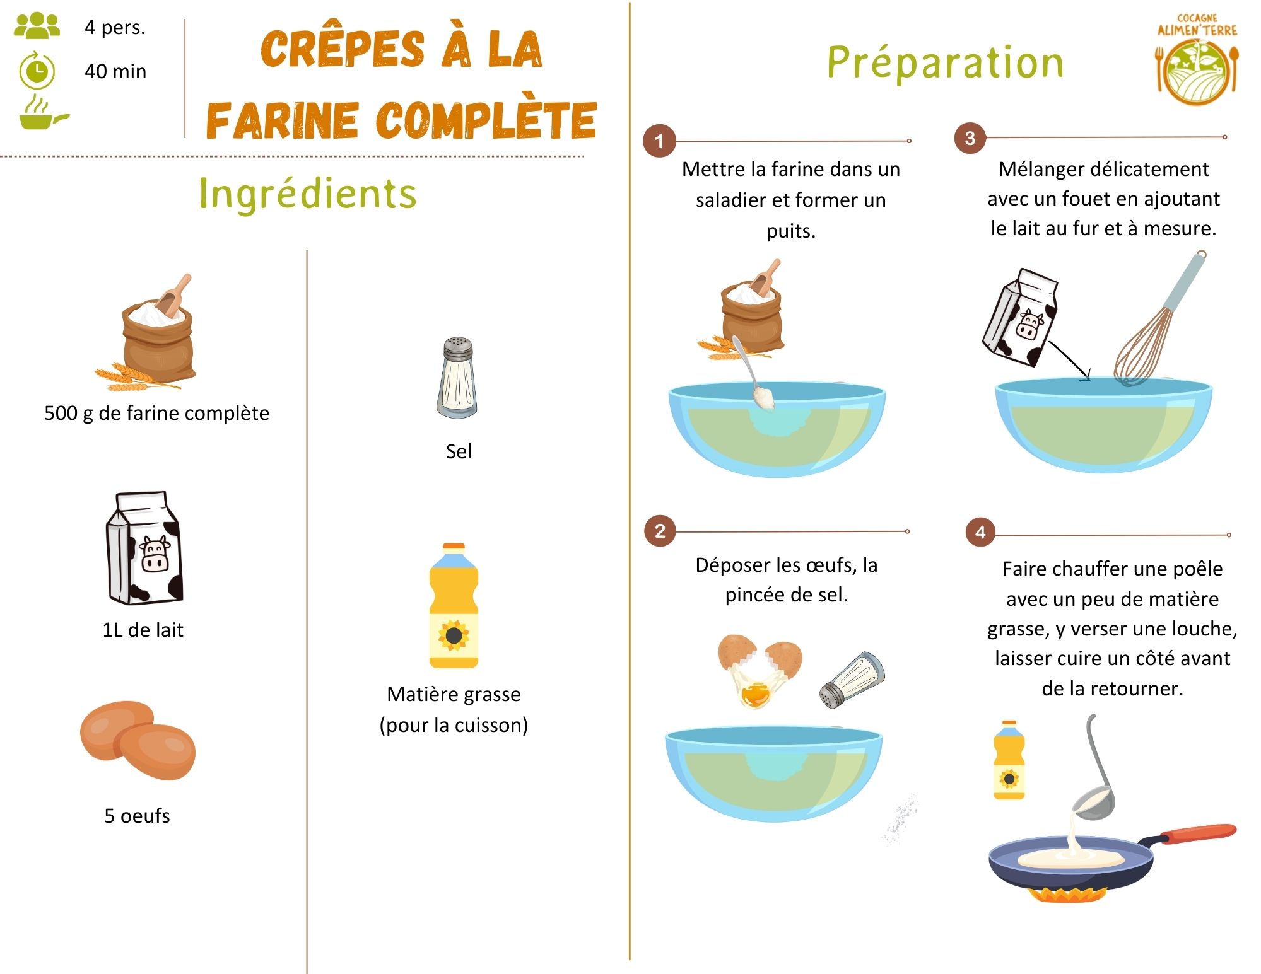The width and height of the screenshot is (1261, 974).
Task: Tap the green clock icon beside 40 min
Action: pyautogui.click(x=37, y=71)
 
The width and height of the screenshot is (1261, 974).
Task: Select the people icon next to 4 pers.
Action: pyautogui.click(x=37, y=26)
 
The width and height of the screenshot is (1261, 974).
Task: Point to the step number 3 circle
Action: pyautogui.click(x=970, y=138)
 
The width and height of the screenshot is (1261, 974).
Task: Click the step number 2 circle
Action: pyautogui.click(x=660, y=531)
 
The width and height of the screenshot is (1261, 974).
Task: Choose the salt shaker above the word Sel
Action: pyautogui.click(x=457, y=378)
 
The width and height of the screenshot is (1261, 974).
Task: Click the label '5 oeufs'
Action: pyautogui.click(x=137, y=816)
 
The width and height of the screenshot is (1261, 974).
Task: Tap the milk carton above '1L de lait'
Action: pyautogui.click(x=144, y=548)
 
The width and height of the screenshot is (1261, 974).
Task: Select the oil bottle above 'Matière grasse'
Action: pyautogui.click(x=454, y=606)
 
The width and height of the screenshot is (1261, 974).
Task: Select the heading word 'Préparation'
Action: pyautogui.click(x=945, y=62)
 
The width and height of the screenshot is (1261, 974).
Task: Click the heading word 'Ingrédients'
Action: pyautogui.click(x=307, y=194)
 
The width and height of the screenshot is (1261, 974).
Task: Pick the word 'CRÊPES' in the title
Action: pyautogui.click(x=343, y=49)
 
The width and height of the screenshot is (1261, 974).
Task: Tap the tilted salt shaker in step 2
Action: pyautogui.click(x=852, y=680)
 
